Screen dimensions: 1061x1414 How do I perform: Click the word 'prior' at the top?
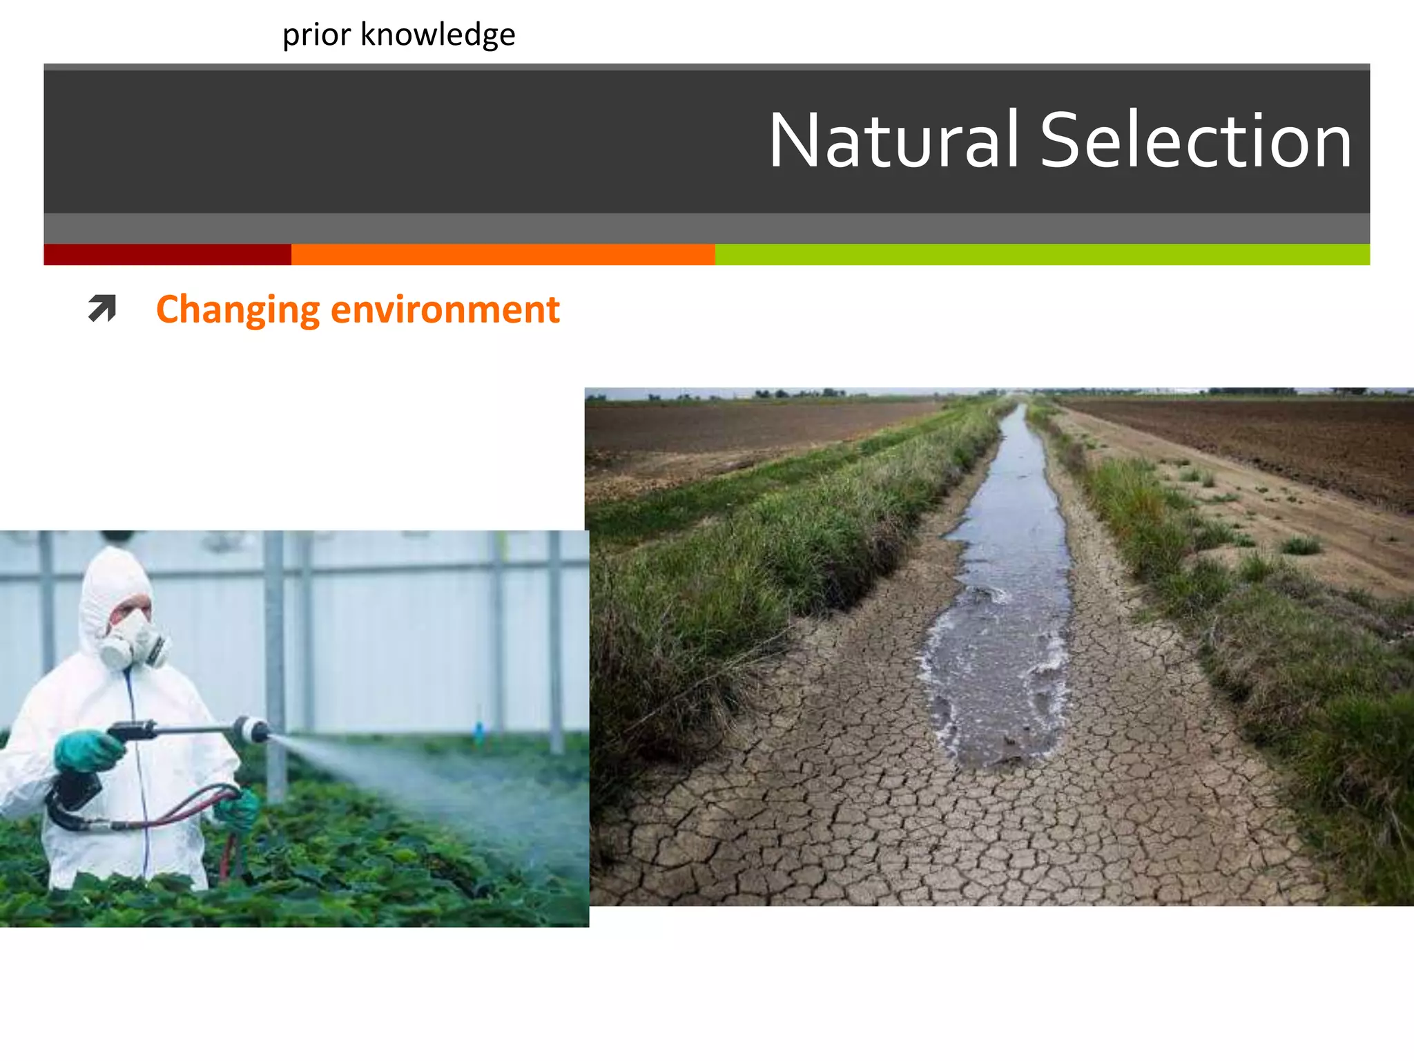tap(316, 35)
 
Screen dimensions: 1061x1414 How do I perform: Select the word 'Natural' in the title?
tap(893, 141)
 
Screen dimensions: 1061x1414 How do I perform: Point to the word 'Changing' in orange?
tap(238, 310)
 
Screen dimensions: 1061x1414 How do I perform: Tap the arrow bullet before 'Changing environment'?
tap(102, 309)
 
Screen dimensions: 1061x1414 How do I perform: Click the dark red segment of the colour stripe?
tap(167, 254)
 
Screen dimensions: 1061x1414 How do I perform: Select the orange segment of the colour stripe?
tap(503, 254)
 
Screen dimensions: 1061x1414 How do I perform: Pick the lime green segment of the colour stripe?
tap(1042, 254)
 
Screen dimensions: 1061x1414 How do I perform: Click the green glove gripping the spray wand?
tap(86, 751)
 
